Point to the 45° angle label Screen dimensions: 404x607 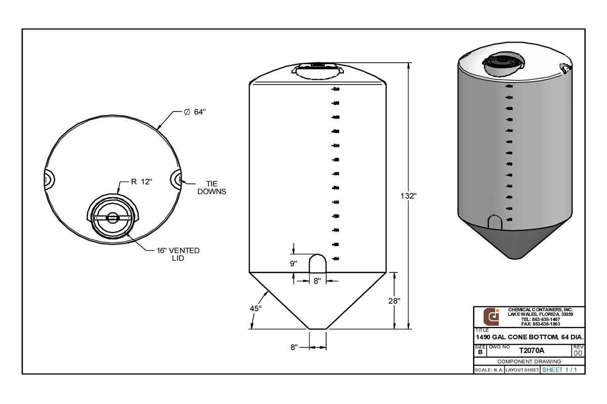click(256, 308)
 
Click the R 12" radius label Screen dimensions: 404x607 click(141, 182)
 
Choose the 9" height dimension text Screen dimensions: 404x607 click(294, 263)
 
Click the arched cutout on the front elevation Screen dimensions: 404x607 click(318, 264)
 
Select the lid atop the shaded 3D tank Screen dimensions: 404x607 click(502, 63)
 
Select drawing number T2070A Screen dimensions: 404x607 click(531, 350)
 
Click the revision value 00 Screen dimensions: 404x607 click(578, 353)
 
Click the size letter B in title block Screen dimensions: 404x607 click(480, 352)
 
